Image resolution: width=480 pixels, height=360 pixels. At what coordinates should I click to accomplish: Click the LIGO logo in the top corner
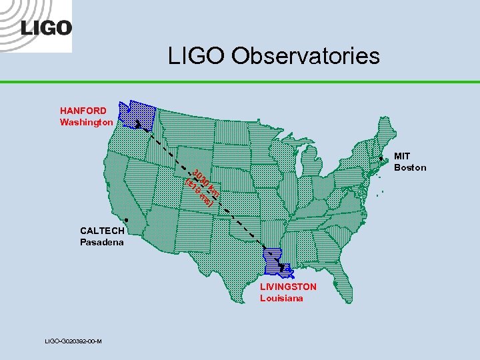coord(45,27)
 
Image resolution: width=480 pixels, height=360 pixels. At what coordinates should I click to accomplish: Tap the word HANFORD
coord(83,111)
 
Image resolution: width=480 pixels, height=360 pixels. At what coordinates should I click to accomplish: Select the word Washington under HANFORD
coord(86,122)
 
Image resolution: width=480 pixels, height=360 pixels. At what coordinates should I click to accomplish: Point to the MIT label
coord(402,156)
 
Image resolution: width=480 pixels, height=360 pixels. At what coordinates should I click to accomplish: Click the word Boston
coord(410,167)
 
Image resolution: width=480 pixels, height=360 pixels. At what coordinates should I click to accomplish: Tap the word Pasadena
coord(102,242)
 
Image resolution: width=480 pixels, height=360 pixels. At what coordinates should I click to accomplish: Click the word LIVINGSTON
coord(288,287)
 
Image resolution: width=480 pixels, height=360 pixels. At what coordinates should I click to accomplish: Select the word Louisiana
coord(281,298)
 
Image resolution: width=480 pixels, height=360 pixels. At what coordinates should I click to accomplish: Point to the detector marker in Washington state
coord(137,124)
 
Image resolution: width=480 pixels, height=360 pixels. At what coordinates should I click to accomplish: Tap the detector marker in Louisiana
coord(282,267)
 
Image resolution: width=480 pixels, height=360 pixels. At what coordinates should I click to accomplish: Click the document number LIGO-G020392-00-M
coord(73,341)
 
